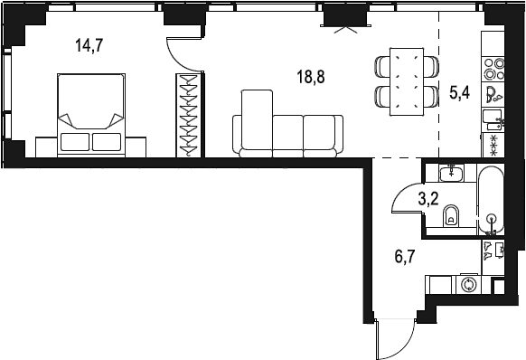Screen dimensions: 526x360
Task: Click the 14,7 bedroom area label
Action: tap(89, 45)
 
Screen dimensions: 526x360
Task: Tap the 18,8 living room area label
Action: tap(311, 77)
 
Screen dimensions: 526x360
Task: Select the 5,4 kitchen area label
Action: tap(460, 92)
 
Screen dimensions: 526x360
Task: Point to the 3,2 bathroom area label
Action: tap(428, 199)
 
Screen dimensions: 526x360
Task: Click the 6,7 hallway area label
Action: tap(405, 257)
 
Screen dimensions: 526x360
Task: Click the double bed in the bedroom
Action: tap(91, 115)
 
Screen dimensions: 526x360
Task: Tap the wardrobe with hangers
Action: tap(189, 115)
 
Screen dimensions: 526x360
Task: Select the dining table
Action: tap(406, 82)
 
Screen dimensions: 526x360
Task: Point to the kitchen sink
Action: tap(493, 119)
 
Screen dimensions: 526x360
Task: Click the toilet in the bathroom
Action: tap(451, 215)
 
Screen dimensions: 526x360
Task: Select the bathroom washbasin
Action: tap(452, 174)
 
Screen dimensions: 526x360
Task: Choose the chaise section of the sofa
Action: tap(257, 119)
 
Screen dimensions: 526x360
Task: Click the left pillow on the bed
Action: tap(75, 142)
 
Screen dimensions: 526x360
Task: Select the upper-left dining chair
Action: tap(382, 67)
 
